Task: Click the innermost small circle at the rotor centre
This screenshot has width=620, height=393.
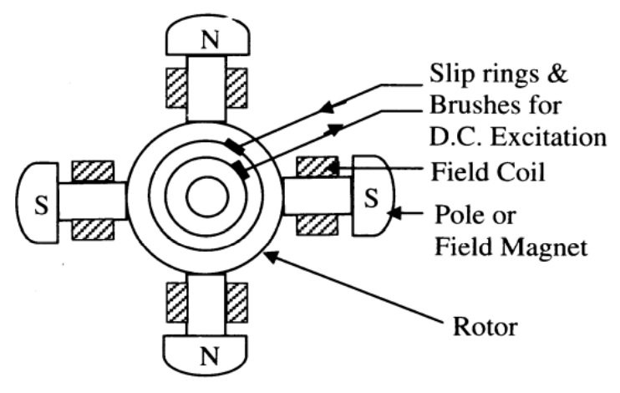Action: point(201,198)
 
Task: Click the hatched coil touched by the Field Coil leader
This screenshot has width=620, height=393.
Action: point(315,166)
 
